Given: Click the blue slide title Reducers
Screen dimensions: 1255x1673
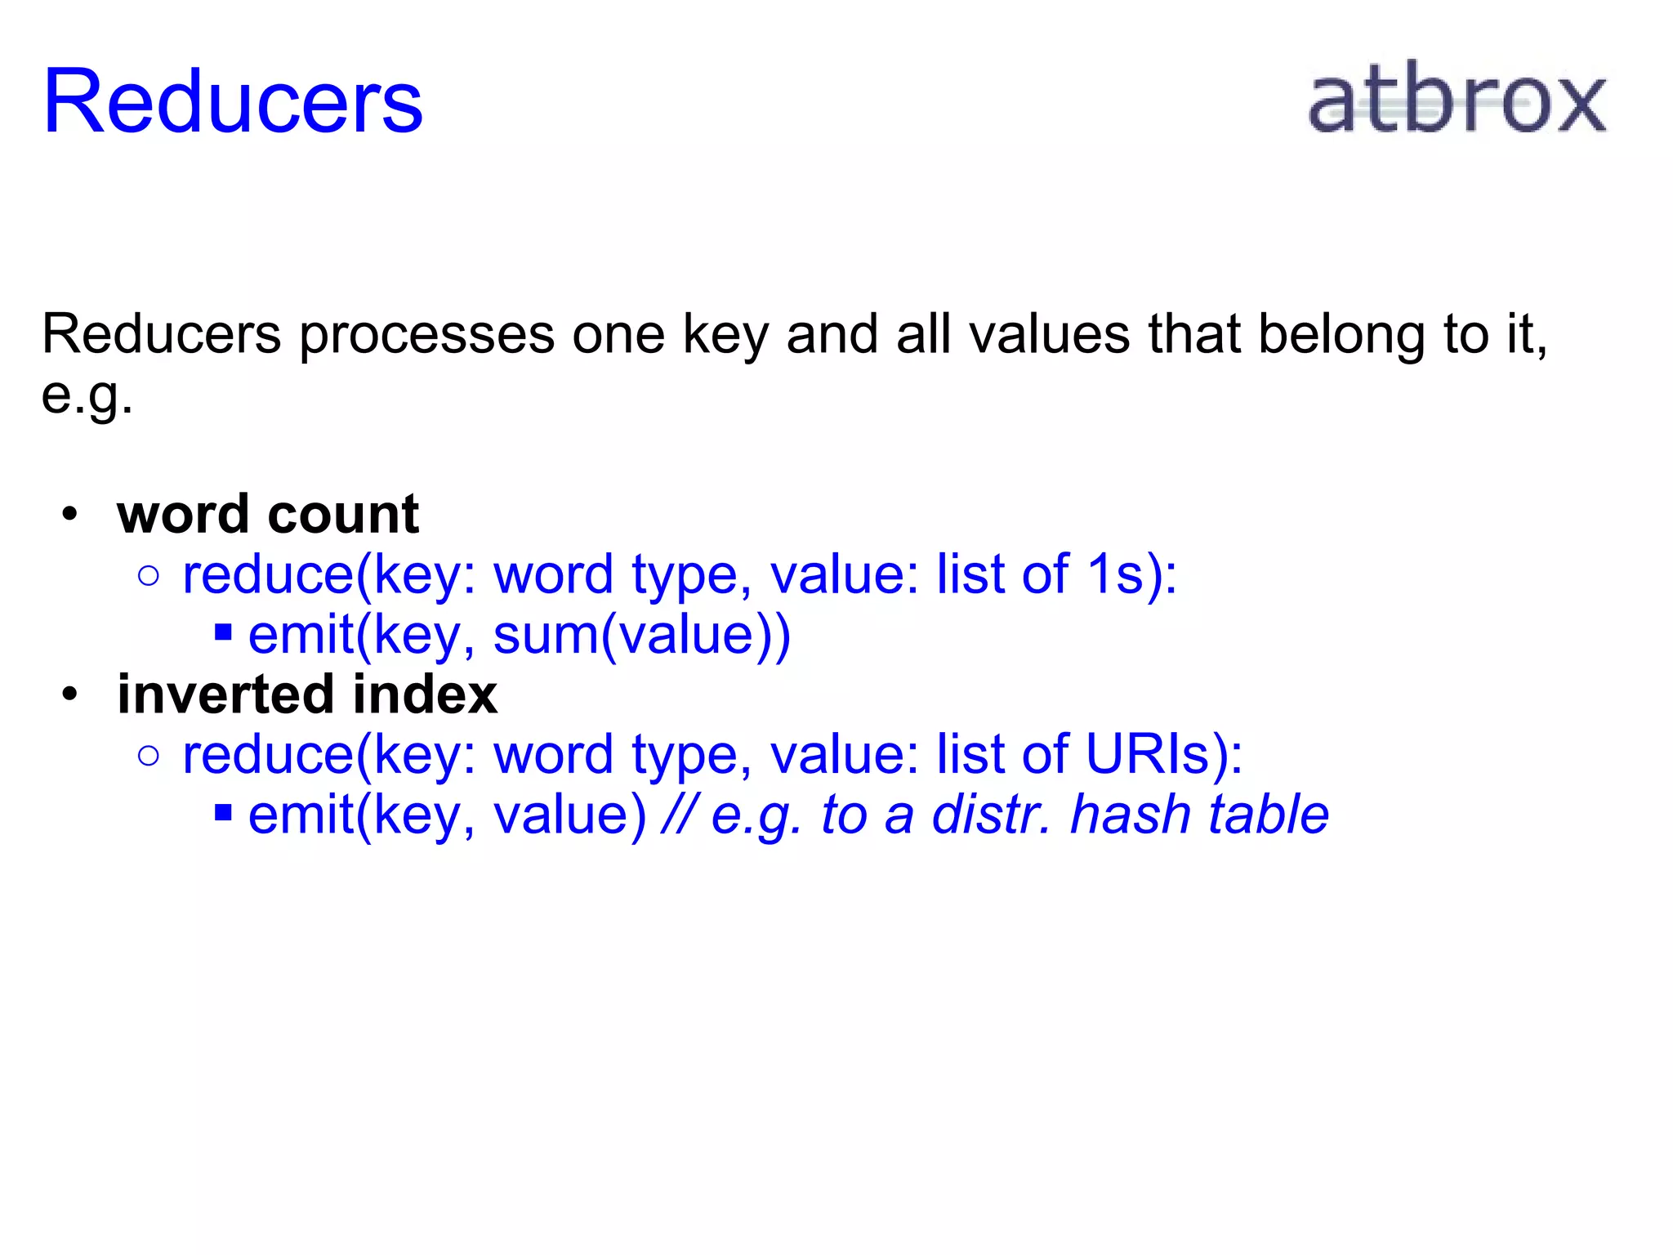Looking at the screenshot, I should pos(233,101).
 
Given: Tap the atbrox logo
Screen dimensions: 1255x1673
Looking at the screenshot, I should pos(1457,100).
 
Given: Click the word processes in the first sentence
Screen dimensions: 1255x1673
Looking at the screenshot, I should pos(426,335).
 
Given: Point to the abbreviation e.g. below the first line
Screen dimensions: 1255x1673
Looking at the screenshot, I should pos(87,396).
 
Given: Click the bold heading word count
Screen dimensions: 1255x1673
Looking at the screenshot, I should pos(268,515).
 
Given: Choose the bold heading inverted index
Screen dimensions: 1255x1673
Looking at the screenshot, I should pos(307,694).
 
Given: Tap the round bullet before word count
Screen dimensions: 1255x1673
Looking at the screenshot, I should pos(70,515).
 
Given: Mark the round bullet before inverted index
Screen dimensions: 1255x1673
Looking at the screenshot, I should pos(70,694).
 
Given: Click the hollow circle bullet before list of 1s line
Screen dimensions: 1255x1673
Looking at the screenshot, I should pos(149,576).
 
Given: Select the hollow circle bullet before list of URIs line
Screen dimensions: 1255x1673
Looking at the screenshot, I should pos(149,756).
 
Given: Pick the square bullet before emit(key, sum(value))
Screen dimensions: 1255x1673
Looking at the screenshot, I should pos(223,632).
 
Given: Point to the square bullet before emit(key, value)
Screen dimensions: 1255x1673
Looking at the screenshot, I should pos(223,812).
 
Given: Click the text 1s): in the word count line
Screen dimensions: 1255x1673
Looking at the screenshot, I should pos(1132,574).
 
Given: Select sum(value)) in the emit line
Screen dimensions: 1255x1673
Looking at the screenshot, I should pos(642,635).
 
